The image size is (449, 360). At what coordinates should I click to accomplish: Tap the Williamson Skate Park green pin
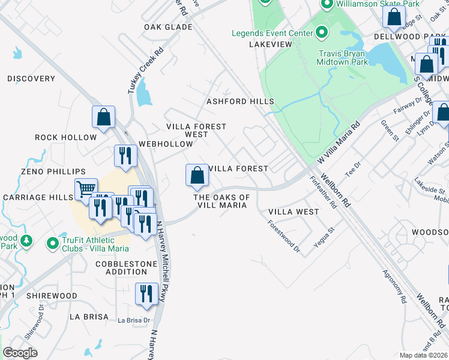(x=327, y=5)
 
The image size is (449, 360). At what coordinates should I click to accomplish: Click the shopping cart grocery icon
(x=86, y=190)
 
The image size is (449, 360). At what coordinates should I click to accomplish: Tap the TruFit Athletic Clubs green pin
(x=53, y=243)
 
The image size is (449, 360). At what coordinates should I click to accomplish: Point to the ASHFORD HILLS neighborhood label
(x=240, y=101)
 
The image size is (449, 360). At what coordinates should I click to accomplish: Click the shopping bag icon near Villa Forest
(x=197, y=175)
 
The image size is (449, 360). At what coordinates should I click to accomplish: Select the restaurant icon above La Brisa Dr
(x=146, y=293)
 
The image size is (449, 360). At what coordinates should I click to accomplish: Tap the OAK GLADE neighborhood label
(x=168, y=27)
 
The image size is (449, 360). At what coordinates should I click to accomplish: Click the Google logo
(x=20, y=352)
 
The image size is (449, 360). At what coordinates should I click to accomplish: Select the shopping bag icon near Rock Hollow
(x=103, y=116)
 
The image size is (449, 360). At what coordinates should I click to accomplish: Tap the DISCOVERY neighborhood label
(x=31, y=79)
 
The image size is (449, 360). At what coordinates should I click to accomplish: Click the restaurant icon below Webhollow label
(x=125, y=156)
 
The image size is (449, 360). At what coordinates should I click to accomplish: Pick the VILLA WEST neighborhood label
(x=294, y=212)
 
